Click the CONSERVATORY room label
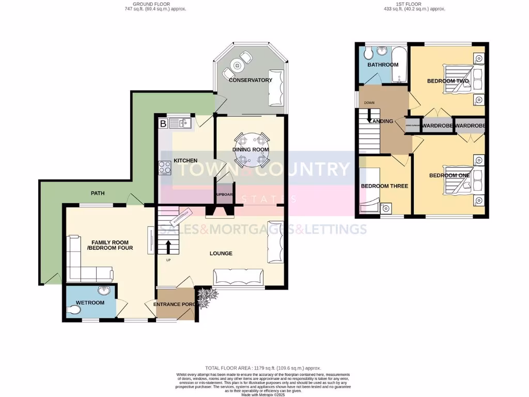pyautogui.click(x=251, y=80)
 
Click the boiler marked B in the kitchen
pyautogui.click(x=163, y=123)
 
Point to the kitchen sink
pyautogui.click(x=180, y=123)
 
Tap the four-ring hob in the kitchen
pyautogui.click(x=165, y=167)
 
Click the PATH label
pyautogui.click(x=98, y=193)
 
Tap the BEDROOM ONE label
pyautogui.click(x=449, y=175)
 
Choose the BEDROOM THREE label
pyautogui.click(x=384, y=186)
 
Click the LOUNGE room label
pyautogui.click(x=221, y=253)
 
